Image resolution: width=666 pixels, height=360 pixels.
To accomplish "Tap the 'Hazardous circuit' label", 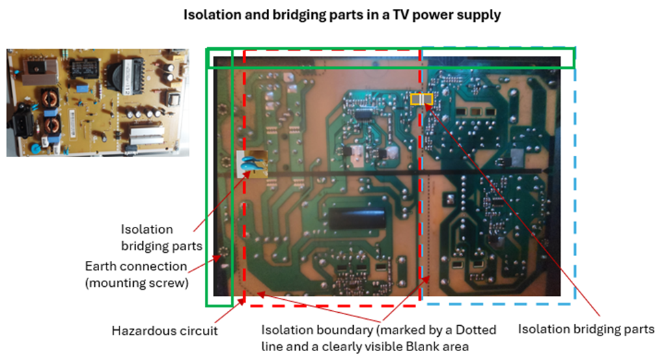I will [165, 331].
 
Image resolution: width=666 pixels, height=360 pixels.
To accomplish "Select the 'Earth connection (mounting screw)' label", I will [136, 273].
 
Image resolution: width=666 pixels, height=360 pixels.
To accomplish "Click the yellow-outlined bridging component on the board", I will [421, 99].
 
